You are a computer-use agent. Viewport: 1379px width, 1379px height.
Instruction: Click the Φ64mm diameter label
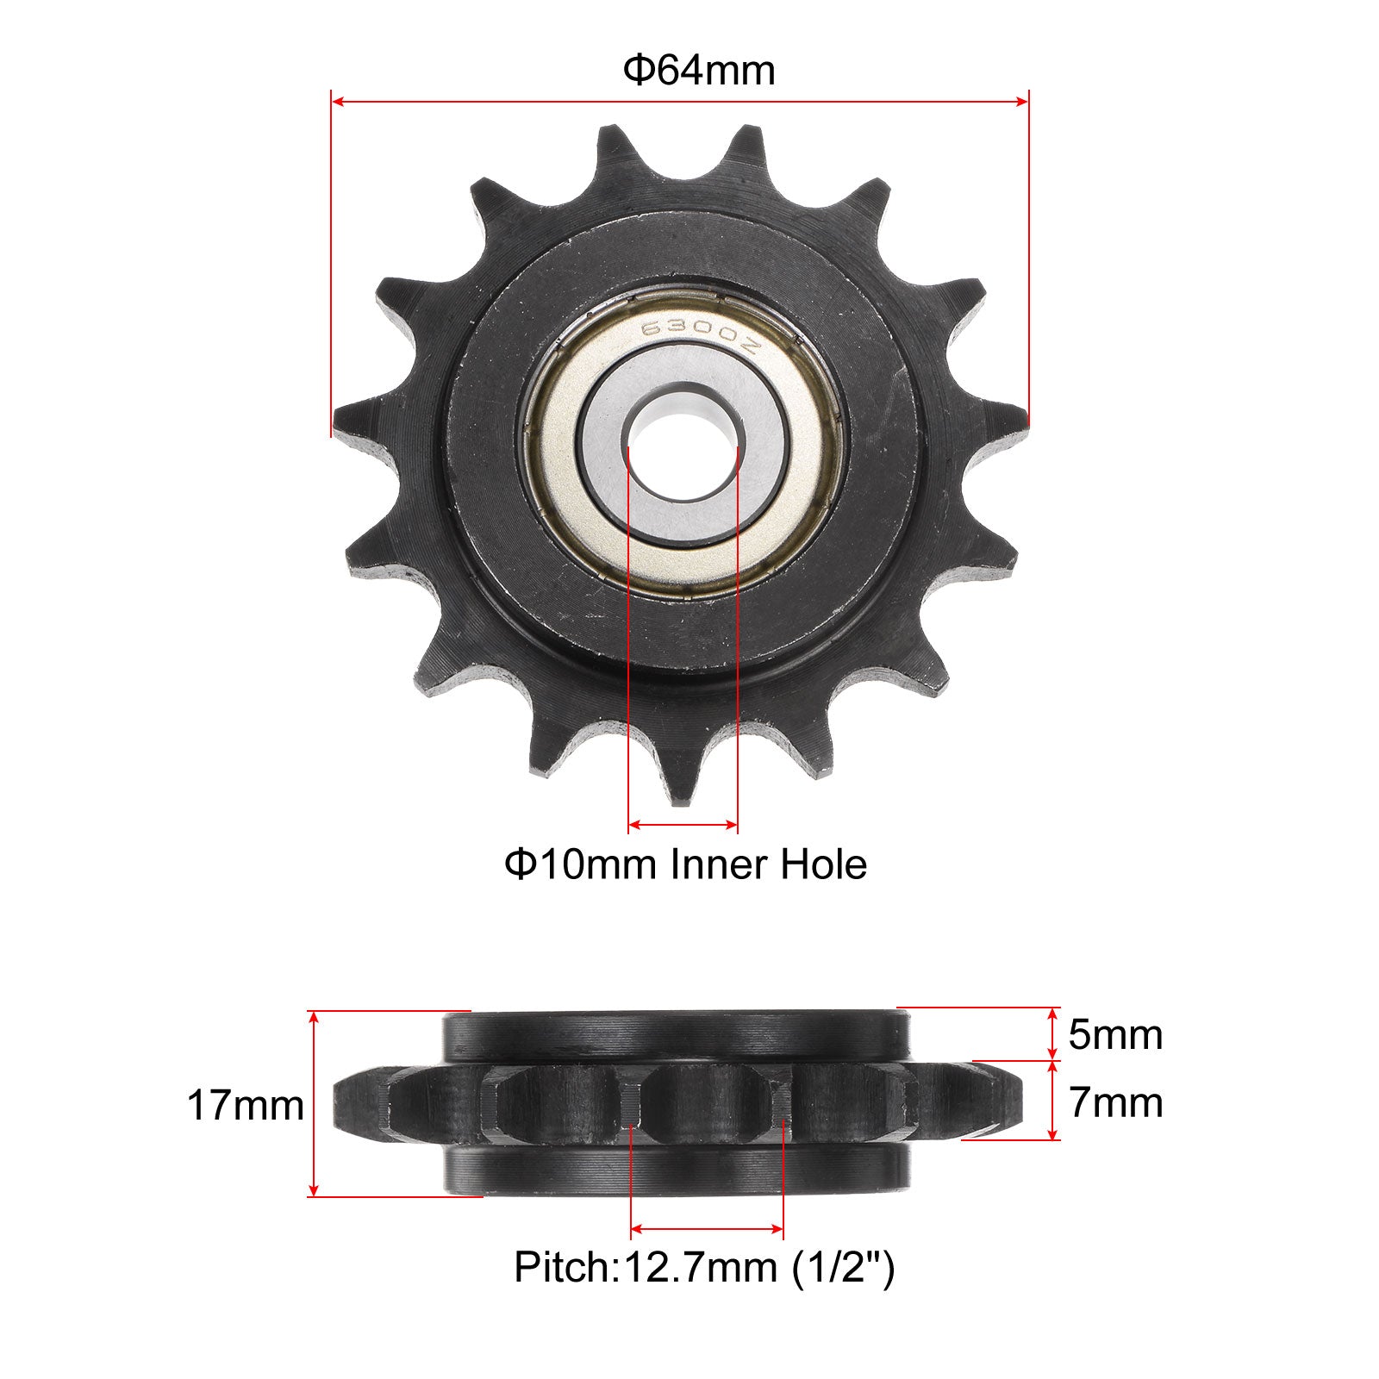(699, 71)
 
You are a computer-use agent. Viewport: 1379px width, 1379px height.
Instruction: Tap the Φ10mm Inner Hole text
(685, 864)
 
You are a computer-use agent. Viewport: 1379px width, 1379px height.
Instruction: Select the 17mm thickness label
(246, 1106)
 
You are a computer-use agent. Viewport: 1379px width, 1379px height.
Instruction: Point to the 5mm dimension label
(1115, 1034)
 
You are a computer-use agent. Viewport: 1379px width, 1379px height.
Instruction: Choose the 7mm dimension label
(1115, 1102)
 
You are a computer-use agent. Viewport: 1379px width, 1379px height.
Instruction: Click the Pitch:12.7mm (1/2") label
(704, 1268)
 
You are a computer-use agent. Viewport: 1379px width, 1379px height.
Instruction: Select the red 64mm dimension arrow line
(680, 102)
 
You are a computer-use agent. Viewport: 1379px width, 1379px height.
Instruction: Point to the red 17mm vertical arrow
(315, 1104)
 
